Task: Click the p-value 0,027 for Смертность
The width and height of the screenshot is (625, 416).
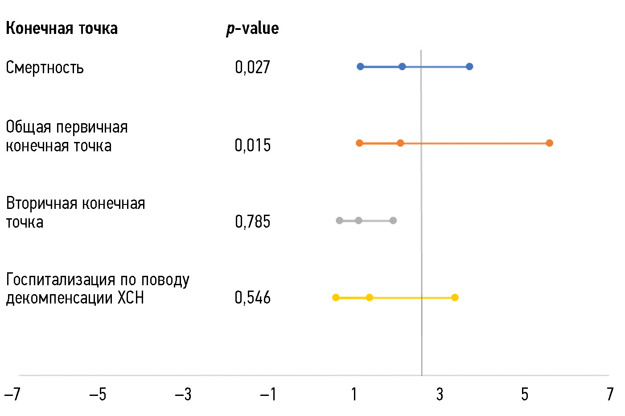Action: coord(252,67)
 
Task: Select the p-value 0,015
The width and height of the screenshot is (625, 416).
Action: coord(252,145)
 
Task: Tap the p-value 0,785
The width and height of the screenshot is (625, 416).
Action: coord(252,221)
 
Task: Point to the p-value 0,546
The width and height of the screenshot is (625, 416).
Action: coord(252,297)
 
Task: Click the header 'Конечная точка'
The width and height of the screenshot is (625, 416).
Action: coord(62,29)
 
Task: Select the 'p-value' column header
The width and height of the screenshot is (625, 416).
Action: coord(252,29)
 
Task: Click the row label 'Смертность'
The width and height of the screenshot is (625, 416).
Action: coord(45,68)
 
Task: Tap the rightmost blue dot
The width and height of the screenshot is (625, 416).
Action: coord(469,67)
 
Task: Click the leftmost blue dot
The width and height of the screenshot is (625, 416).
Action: coord(360,67)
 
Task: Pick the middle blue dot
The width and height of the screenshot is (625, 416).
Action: coord(402,67)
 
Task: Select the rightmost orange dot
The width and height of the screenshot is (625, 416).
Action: coord(549,143)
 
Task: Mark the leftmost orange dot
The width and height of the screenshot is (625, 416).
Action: coord(359,143)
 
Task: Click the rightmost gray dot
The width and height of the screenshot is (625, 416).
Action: coord(393,220)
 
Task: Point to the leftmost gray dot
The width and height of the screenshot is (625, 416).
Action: coord(339,220)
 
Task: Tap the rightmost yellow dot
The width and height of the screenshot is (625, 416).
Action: coord(455,297)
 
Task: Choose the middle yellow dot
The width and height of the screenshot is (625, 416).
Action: coord(369,297)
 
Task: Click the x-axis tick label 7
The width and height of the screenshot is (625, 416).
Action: coord(610,394)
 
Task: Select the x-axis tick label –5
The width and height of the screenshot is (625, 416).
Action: coord(98,394)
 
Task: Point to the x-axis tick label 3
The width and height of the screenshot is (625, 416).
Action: coord(440,394)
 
